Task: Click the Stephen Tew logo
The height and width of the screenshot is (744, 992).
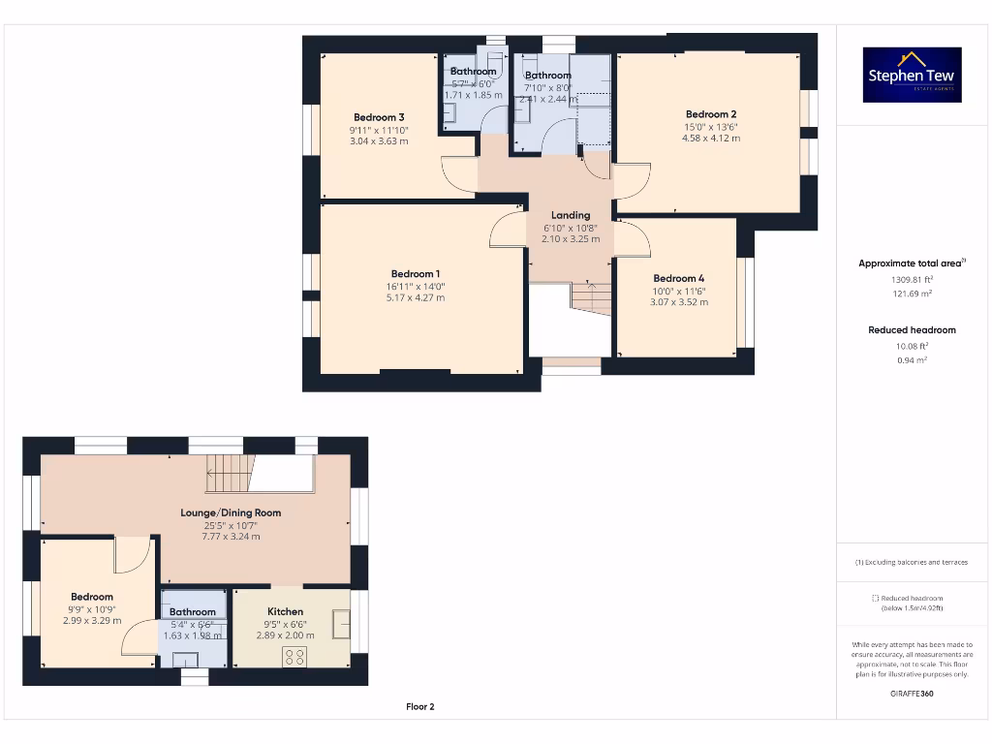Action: coord(912,76)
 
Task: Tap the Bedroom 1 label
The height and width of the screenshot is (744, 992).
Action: coord(416,274)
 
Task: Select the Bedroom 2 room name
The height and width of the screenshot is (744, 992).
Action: coord(711,114)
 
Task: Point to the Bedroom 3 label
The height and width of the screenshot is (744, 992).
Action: coord(379,117)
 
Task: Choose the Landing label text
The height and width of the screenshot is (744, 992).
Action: coord(571,215)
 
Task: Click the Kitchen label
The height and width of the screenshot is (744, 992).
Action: coord(285,611)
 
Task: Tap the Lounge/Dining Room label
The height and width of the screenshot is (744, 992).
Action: coord(231,512)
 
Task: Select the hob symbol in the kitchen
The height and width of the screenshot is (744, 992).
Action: coord(294,656)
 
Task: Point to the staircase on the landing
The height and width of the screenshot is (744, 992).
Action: coord(590,296)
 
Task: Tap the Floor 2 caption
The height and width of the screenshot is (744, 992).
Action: coord(419,707)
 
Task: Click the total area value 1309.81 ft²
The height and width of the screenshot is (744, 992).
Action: coord(911,279)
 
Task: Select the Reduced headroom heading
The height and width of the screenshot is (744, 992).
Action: coord(911,330)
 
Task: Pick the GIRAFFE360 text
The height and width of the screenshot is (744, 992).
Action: coord(912,694)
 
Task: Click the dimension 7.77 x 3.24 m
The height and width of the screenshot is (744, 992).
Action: coord(231,537)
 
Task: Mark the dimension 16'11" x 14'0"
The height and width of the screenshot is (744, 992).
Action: coord(416,287)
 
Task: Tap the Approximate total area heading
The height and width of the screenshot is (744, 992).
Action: coord(910,263)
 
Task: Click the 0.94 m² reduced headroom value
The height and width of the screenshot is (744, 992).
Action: coord(911,359)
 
